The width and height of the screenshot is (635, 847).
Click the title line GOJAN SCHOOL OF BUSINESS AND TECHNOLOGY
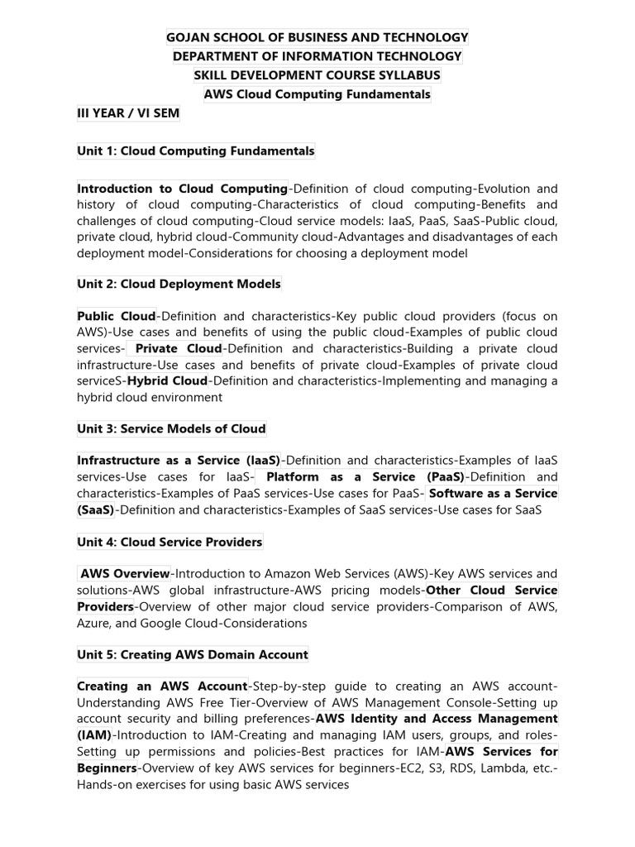click(x=317, y=37)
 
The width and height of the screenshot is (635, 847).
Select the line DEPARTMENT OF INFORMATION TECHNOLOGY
click(x=317, y=56)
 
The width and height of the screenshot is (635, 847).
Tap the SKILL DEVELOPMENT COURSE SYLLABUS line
click(x=317, y=75)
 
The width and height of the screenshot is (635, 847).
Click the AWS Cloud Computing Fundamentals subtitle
click(x=317, y=94)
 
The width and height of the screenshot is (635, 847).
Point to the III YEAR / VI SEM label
click(x=128, y=113)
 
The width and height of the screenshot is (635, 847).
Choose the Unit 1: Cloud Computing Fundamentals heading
click(x=196, y=151)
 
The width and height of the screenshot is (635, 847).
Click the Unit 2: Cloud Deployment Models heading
click(x=179, y=284)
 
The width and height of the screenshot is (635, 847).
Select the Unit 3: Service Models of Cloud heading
click(x=171, y=428)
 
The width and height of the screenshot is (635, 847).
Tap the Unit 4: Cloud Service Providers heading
click(x=169, y=542)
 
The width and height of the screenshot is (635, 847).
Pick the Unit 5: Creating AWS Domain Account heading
click(x=193, y=654)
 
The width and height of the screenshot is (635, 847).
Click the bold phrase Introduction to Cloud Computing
click(x=182, y=189)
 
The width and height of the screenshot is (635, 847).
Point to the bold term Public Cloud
click(x=117, y=316)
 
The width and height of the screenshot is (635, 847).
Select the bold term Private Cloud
click(x=179, y=348)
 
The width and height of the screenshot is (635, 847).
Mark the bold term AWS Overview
click(x=125, y=574)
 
